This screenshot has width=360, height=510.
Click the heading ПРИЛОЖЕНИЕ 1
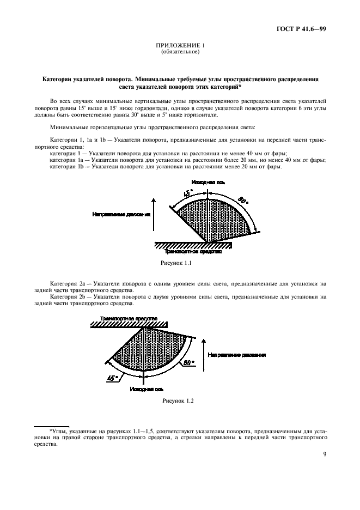click(180, 47)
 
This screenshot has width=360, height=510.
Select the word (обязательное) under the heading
click(180, 53)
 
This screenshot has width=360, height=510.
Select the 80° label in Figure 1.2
click(188, 361)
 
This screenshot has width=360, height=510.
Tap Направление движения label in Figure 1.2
click(236, 355)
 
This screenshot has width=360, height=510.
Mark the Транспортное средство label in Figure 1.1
click(192, 251)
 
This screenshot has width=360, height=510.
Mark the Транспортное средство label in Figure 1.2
click(127, 317)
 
